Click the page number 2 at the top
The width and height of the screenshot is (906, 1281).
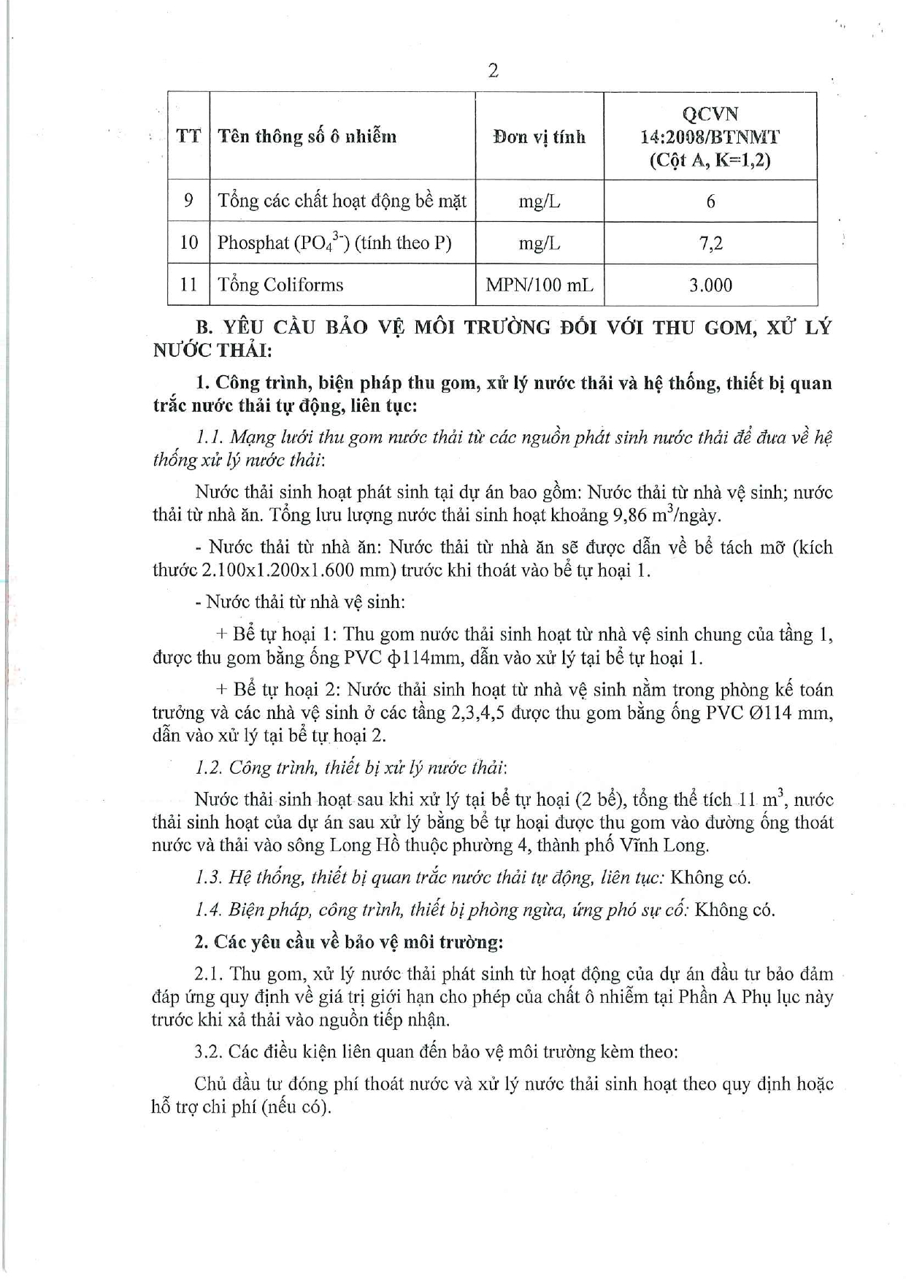point(494,71)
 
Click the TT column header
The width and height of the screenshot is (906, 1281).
point(188,136)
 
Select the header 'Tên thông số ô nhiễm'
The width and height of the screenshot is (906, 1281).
point(307,136)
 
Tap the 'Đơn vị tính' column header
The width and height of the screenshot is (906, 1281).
point(540,136)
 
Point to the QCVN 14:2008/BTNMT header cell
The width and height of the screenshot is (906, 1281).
point(710,136)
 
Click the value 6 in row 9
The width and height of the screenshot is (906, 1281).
point(710,201)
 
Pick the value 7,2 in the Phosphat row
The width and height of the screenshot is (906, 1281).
point(710,243)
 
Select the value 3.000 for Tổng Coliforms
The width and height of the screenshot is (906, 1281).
point(710,285)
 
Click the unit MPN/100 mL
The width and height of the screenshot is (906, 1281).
point(540,285)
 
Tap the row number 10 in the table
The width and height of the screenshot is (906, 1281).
point(188,243)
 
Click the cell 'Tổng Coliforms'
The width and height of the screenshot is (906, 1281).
point(280,285)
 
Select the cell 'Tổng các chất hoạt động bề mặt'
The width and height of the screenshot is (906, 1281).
point(342,201)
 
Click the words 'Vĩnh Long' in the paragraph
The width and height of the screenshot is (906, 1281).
point(670,845)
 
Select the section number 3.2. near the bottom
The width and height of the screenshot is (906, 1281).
point(209,1052)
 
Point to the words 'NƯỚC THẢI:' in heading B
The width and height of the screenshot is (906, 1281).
point(212,350)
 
